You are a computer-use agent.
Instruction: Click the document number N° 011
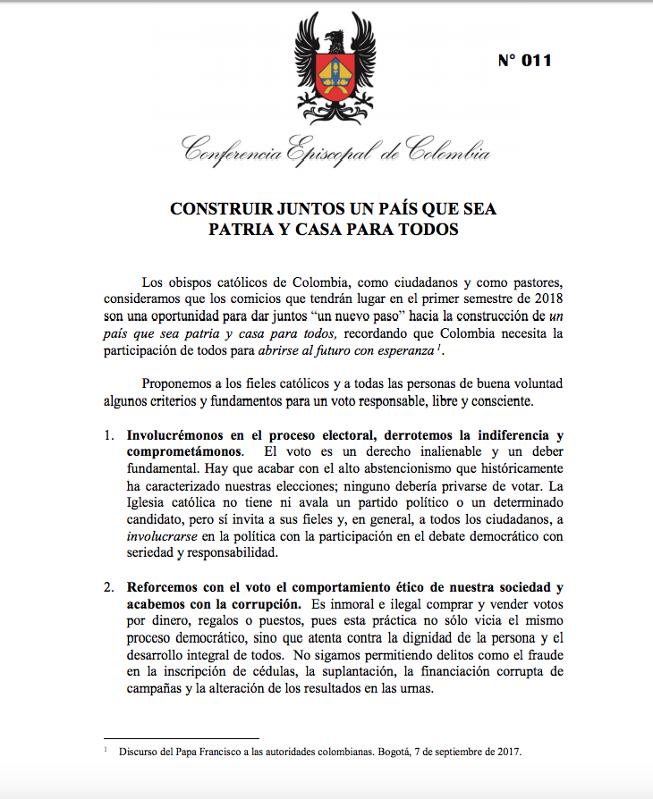coord(524,61)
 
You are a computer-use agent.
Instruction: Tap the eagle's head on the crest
coord(335,38)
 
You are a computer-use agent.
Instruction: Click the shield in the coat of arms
coord(335,76)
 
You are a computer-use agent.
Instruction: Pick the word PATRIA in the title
coord(244,229)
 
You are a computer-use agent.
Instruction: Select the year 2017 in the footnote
coord(505,752)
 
